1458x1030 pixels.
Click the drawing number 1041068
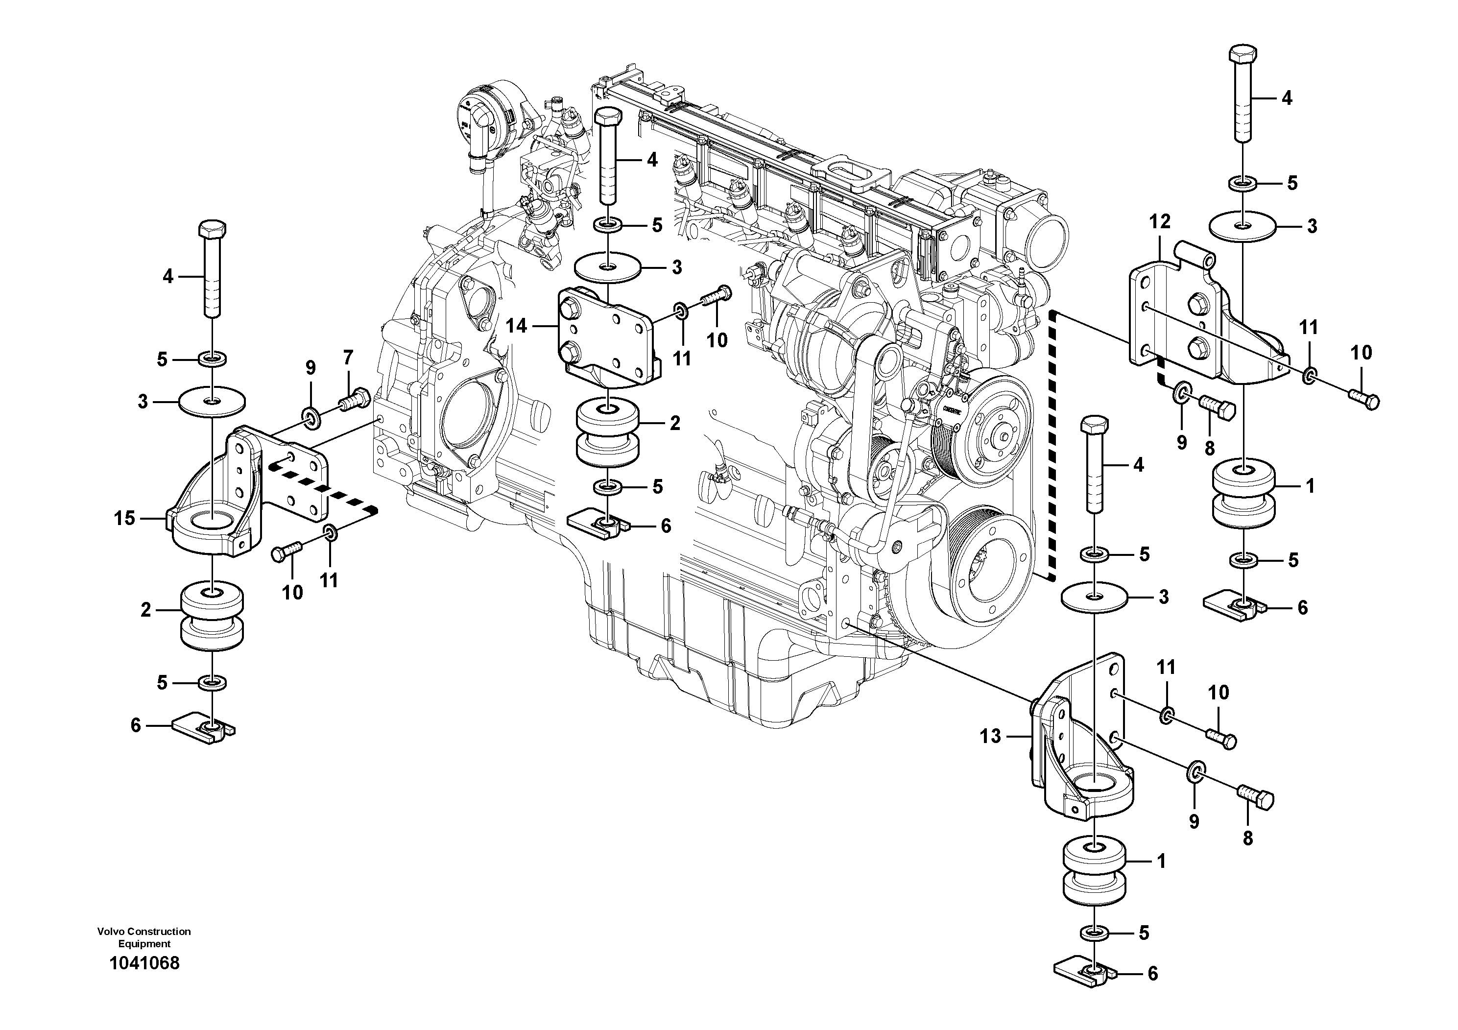click(144, 963)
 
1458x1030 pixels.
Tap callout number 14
click(516, 326)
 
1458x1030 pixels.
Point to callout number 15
click(124, 518)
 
